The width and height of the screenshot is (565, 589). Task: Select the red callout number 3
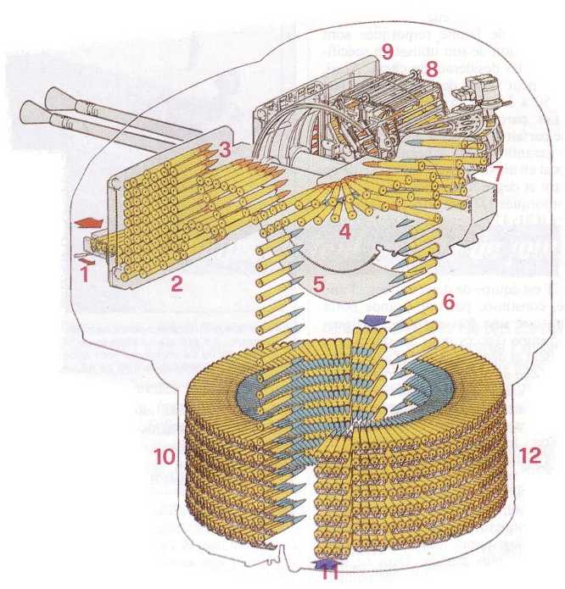coord(223,150)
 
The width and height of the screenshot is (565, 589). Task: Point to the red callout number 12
coord(529,455)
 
